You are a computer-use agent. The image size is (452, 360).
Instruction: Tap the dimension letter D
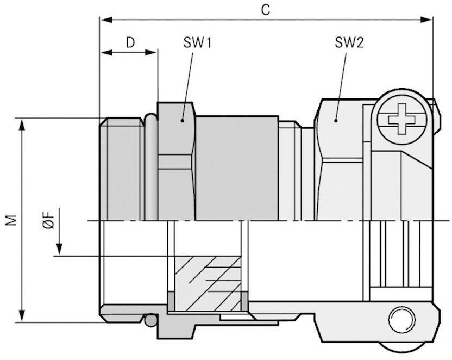(x=130, y=42)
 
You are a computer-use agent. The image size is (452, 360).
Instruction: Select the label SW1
(x=196, y=44)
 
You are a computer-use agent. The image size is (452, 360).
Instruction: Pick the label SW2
(x=348, y=44)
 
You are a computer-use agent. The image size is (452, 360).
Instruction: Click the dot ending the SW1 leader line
(x=183, y=120)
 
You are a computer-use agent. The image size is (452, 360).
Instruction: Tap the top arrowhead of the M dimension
(x=22, y=123)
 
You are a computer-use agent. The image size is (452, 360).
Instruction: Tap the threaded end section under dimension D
(x=123, y=169)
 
